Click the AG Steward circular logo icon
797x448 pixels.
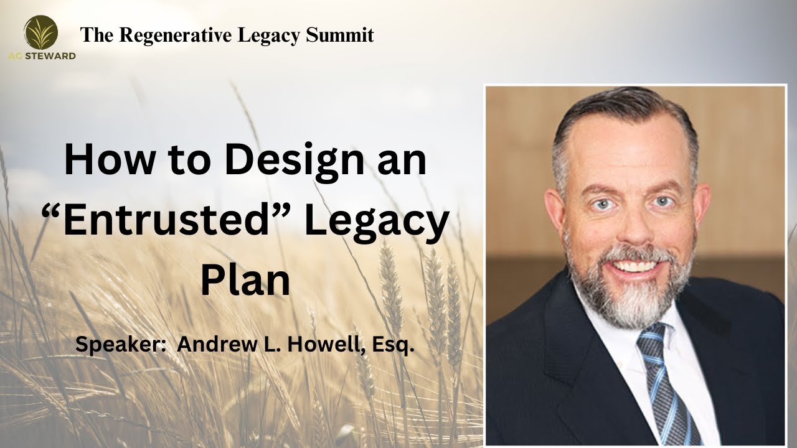point(41,32)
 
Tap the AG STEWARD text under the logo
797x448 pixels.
point(42,56)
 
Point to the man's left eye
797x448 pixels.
point(662,202)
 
